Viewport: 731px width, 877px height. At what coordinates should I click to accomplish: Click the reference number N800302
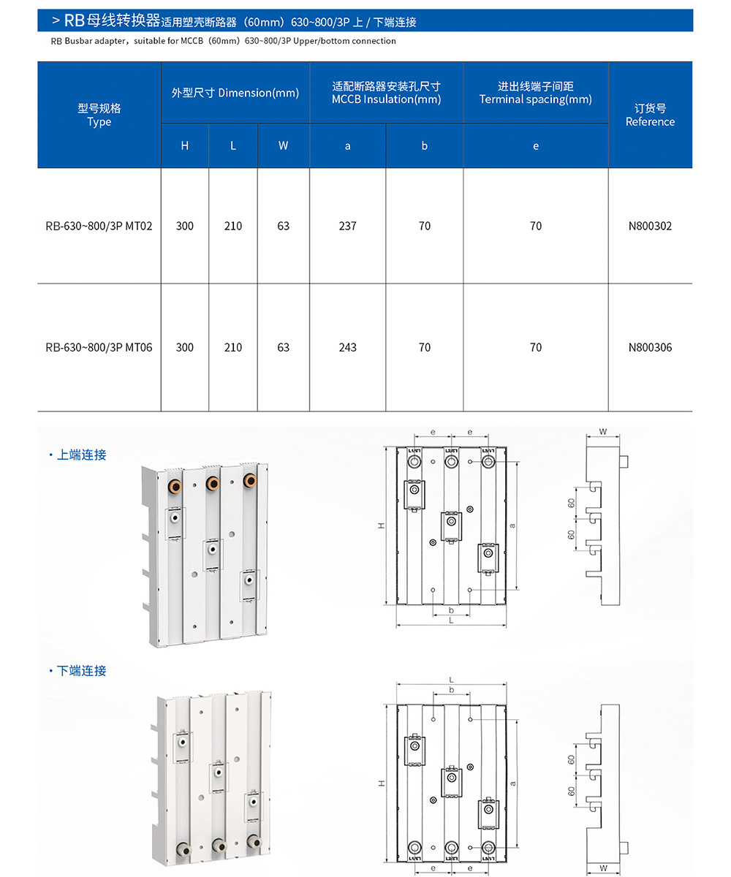click(650, 227)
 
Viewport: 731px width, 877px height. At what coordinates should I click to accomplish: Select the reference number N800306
click(650, 348)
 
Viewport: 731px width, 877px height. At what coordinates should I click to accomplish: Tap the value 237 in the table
click(348, 227)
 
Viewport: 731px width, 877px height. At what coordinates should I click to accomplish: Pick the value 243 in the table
click(348, 348)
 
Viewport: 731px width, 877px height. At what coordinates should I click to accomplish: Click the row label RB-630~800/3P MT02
click(99, 227)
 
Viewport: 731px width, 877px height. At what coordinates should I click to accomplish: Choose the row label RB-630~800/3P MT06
click(99, 348)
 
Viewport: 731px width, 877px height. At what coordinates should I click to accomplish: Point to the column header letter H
click(185, 145)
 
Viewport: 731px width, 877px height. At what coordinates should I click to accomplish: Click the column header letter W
click(283, 145)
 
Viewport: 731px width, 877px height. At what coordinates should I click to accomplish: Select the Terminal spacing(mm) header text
click(535, 99)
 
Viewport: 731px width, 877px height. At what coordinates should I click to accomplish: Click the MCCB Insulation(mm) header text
click(386, 99)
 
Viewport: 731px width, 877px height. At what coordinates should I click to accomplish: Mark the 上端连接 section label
click(81, 455)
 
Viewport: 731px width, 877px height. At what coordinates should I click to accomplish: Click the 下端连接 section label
click(81, 671)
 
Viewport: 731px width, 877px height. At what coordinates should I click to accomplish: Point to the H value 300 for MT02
click(185, 227)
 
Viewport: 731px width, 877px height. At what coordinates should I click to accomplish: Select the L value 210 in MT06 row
click(232, 348)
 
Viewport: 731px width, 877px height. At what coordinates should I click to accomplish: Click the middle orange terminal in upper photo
click(213, 482)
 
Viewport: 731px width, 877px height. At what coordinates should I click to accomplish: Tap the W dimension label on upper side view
click(603, 432)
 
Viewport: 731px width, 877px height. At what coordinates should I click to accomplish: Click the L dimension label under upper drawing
click(451, 620)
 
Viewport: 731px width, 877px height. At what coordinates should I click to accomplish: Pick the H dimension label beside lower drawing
click(382, 783)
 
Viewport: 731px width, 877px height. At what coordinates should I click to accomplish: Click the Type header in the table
click(99, 115)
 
